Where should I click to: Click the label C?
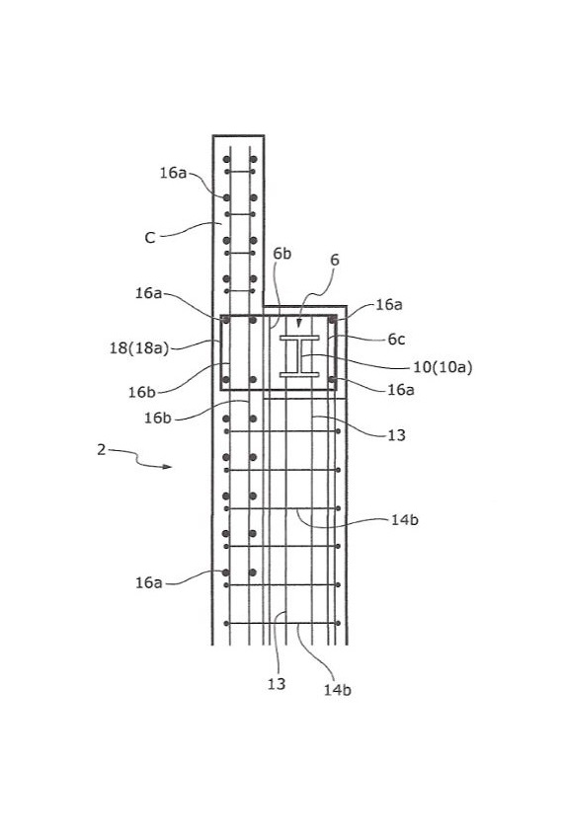pyautogui.click(x=150, y=238)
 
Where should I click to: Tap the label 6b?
pyautogui.click(x=281, y=254)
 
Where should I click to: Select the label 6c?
pyautogui.click(x=396, y=340)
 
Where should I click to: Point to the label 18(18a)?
pyautogui.click(x=139, y=348)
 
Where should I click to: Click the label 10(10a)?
pyautogui.click(x=442, y=367)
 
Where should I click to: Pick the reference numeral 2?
pyautogui.click(x=102, y=449)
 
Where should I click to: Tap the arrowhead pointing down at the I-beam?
pyautogui.click(x=299, y=323)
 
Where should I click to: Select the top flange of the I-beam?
pyautogui.click(x=299, y=339)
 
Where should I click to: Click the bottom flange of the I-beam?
pyautogui.click(x=299, y=374)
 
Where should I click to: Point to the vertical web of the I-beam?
pyautogui.click(x=299, y=356)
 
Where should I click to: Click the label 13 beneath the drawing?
pyautogui.click(x=277, y=684)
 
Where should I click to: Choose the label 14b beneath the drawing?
pyautogui.click(x=338, y=690)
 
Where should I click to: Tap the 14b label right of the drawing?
pyautogui.click(x=404, y=519)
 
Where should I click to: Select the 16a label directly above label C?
pyautogui.click(x=173, y=173)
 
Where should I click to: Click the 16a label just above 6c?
pyautogui.click(x=389, y=304)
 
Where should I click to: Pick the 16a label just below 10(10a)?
pyautogui.click(x=401, y=390)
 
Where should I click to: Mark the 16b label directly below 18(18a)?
pyautogui.click(x=142, y=392)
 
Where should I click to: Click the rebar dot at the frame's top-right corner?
pyautogui.click(x=332, y=320)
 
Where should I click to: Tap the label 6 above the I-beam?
pyautogui.click(x=335, y=260)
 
